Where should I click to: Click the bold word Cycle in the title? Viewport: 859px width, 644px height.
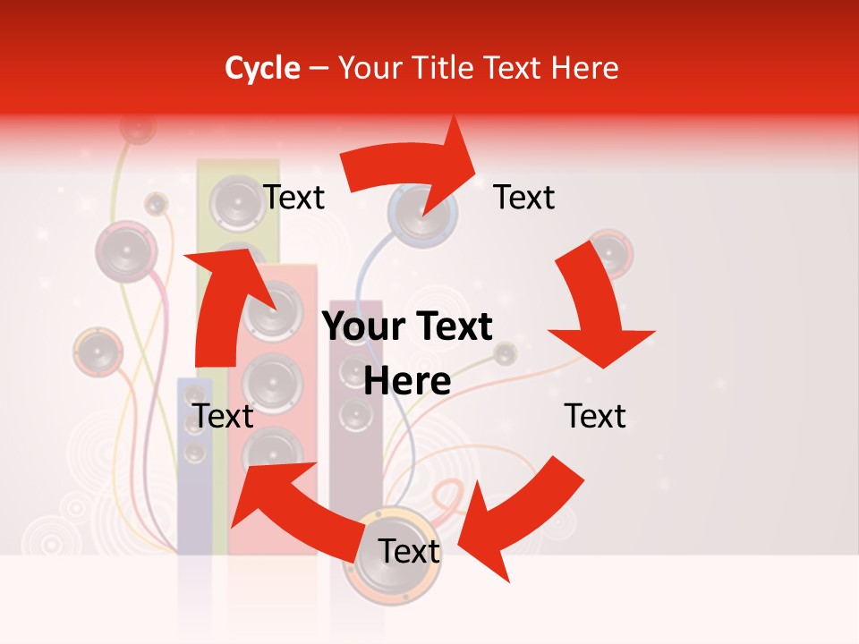[262, 68]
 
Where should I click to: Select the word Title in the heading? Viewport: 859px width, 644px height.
[445, 68]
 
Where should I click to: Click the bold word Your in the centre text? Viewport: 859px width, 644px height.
[357, 327]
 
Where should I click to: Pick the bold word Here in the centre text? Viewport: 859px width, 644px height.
[407, 382]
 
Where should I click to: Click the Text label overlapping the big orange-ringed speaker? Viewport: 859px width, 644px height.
[409, 552]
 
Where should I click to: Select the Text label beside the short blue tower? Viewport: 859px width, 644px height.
[224, 416]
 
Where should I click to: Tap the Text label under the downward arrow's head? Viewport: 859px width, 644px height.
[595, 416]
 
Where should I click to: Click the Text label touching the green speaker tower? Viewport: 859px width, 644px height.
[293, 197]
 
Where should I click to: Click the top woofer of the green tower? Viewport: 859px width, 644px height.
[235, 202]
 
